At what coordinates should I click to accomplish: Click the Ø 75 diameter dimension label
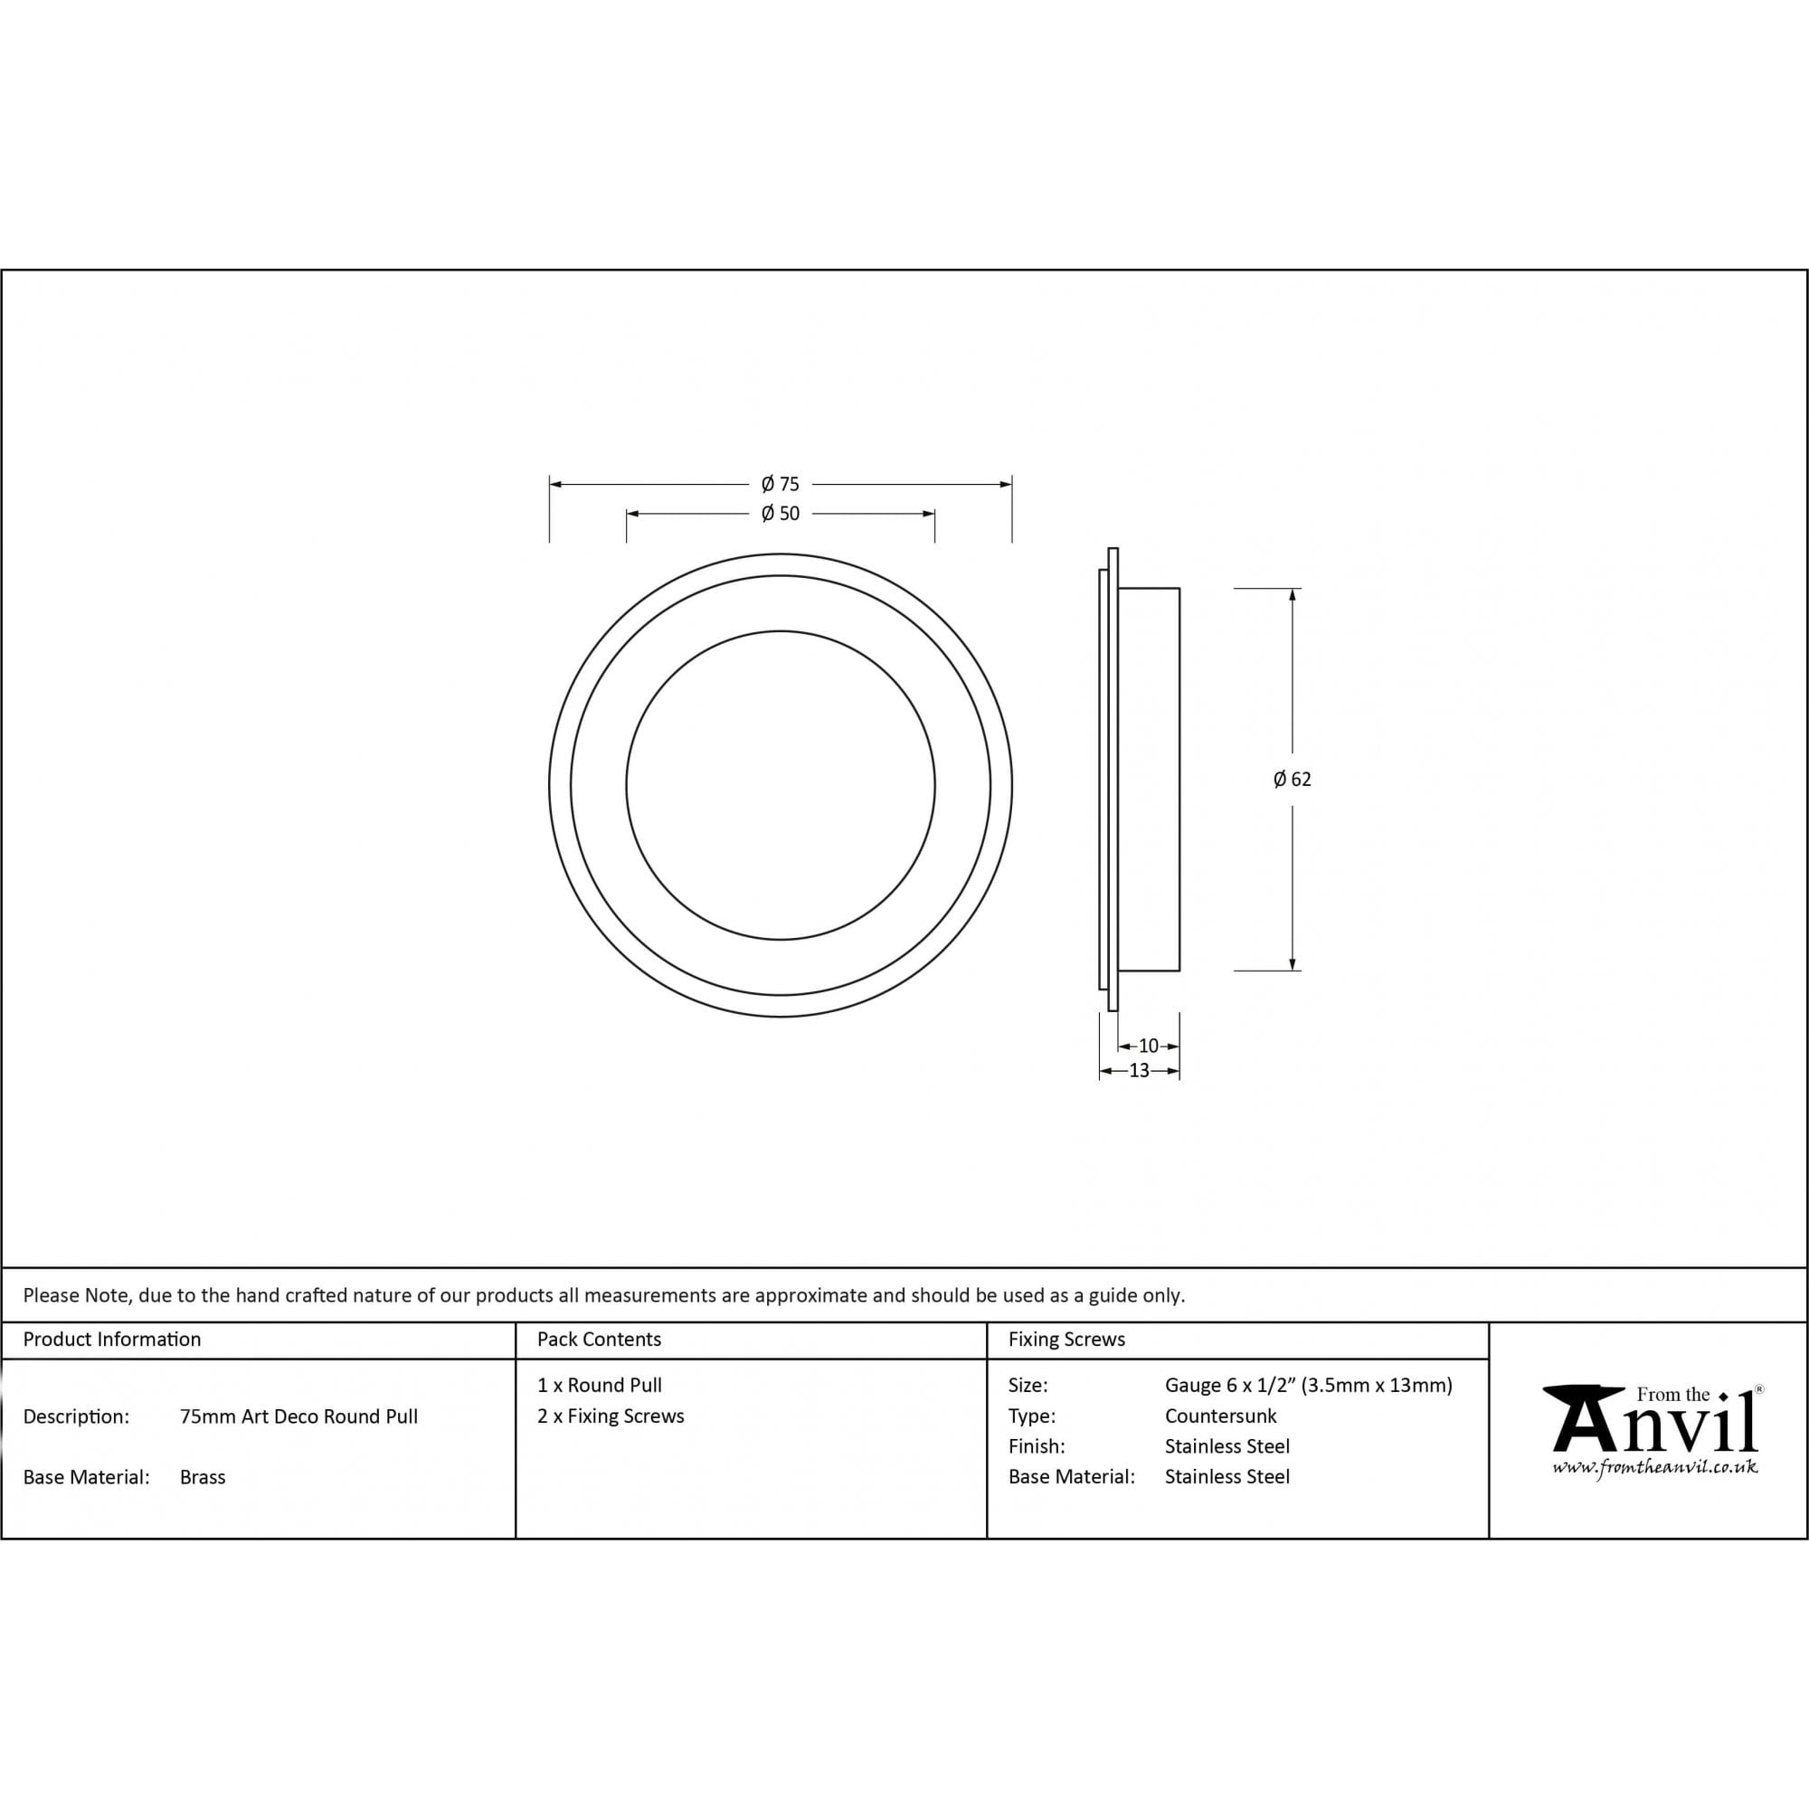click(x=780, y=484)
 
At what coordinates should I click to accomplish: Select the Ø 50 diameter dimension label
click(x=780, y=513)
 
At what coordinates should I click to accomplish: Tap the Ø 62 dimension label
click(x=1293, y=779)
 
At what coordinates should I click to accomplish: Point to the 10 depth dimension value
click(x=1149, y=1046)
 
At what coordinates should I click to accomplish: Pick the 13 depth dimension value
click(x=1139, y=1070)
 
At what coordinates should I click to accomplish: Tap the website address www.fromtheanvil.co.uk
click(x=1654, y=1468)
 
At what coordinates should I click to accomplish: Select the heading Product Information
click(x=112, y=1339)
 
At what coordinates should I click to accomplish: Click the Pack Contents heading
click(x=600, y=1339)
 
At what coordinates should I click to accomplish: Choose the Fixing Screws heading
click(x=1066, y=1339)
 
